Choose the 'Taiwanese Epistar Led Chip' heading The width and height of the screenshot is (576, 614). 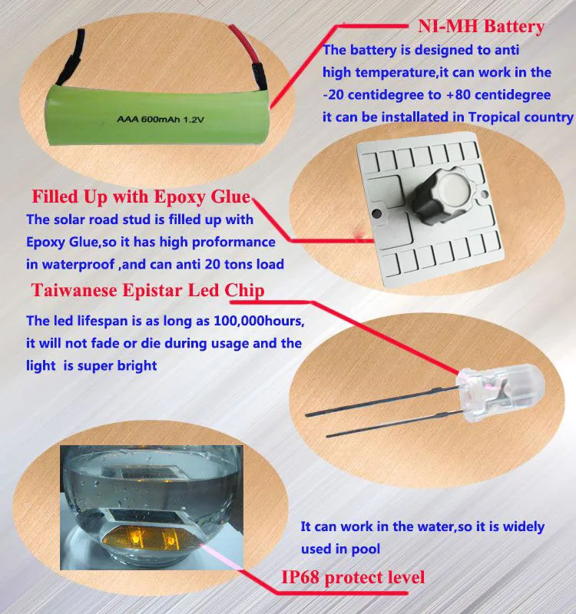pyautogui.click(x=147, y=290)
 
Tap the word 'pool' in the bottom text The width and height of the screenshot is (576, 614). pyautogui.click(x=366, y=550)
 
